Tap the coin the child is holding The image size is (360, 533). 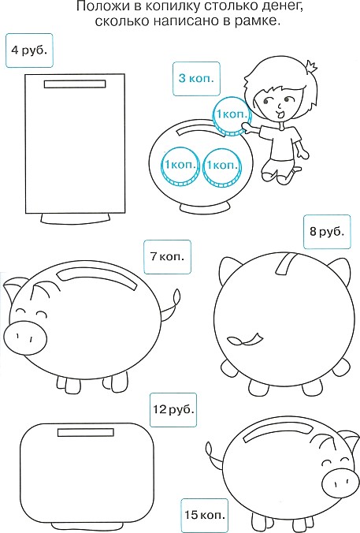tap(232, 116)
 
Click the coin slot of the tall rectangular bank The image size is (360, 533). tap(75, 84)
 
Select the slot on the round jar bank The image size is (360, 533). tap(190, 129)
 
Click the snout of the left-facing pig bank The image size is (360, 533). tap(25, 337)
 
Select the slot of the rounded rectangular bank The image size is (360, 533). tap(86, 432)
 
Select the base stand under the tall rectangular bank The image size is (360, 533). tap(76, 219)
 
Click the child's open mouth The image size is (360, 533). tap(280, 114)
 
